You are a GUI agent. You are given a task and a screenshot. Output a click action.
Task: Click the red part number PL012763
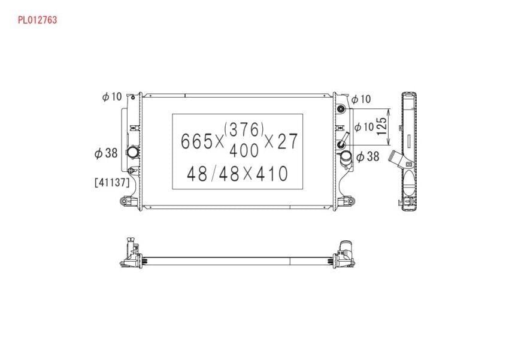(37, 20)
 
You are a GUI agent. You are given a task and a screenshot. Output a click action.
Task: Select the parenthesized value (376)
(244, 129)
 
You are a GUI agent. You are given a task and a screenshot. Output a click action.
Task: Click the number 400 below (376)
(244, 150)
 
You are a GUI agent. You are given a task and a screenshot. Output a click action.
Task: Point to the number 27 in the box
(287, 141)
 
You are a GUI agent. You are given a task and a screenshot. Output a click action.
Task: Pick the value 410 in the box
(272, 174)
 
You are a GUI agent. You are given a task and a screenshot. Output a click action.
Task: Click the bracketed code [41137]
(112, 183)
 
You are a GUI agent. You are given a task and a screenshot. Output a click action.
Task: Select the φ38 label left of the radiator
(106, 153)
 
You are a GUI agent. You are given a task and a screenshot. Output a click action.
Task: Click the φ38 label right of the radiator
(368, 157)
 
